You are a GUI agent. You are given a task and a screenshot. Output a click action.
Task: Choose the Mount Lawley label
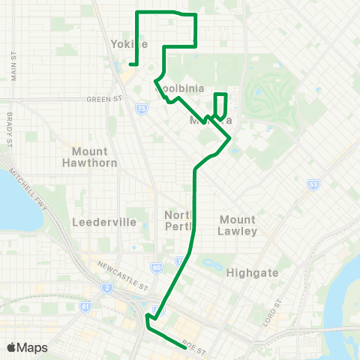click(x=238, y=225)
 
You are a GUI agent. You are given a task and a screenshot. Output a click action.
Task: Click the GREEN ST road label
click(x=103, y=98)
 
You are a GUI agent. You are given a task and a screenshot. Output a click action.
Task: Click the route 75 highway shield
click(x=142, y=109)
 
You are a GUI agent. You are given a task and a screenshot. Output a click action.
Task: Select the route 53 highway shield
click(x=313, y=184)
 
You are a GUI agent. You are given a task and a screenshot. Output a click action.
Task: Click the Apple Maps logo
click(x=27, y=347)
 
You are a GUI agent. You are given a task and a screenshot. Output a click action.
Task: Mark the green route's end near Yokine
click(x=130, y=65)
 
